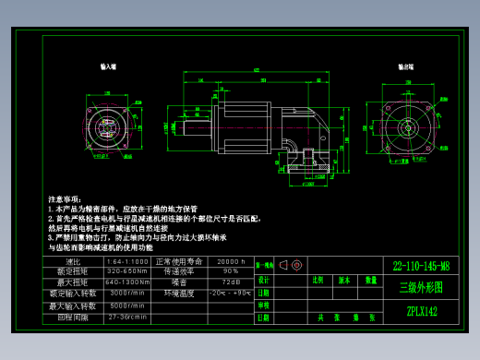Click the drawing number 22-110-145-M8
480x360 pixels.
coord(421,266)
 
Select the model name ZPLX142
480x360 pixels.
coord(421,311)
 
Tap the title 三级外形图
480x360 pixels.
coord(421,287)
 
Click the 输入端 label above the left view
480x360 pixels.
coord(108,67)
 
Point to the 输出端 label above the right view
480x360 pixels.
coord(405,67)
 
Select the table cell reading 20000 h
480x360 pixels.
coord(231,262)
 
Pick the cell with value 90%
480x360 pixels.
coord(231,271)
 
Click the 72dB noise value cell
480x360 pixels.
coord(231,282)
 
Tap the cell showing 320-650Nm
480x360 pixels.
coord(127,271)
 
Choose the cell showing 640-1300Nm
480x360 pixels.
coord(127,282)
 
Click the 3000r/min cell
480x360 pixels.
coord(127,293)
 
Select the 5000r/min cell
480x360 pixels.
coord(127,305)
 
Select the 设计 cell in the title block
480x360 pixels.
coord(263,279)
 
